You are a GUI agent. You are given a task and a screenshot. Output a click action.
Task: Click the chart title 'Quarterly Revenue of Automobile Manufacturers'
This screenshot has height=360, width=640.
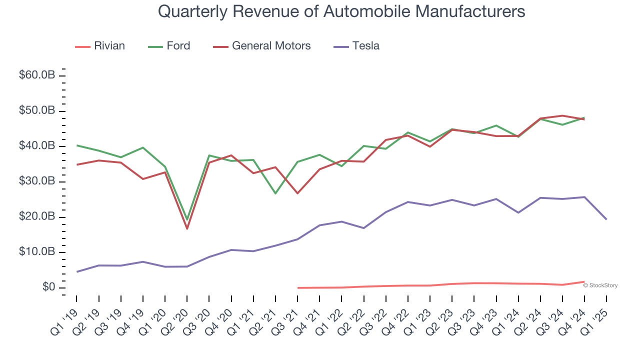point(341,11)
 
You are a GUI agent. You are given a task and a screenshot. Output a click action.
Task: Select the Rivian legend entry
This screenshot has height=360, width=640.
point(100,46)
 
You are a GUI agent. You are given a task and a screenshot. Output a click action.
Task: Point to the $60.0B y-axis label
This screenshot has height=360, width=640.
point(37,75)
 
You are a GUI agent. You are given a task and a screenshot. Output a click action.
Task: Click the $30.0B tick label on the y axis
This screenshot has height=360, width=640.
point(37,181)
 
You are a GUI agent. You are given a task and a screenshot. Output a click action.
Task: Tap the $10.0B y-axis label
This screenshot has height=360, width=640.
point(37,252)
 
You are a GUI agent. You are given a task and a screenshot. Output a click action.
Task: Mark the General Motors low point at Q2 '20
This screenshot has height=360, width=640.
point(187,228)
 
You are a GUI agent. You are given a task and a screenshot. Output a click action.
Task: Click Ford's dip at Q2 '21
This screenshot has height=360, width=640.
point(275,193)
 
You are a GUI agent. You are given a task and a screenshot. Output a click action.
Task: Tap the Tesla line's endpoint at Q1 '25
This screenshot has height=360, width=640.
point(606,219)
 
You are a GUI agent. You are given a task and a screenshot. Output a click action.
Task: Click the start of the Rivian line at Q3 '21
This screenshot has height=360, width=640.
point(297,287)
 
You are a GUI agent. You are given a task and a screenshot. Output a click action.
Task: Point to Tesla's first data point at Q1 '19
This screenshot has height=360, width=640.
point(76,271)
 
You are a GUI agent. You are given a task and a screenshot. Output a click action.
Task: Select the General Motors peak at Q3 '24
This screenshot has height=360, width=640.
point(562,115)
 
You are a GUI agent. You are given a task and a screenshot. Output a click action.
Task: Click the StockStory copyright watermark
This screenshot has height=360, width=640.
point(600,285)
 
